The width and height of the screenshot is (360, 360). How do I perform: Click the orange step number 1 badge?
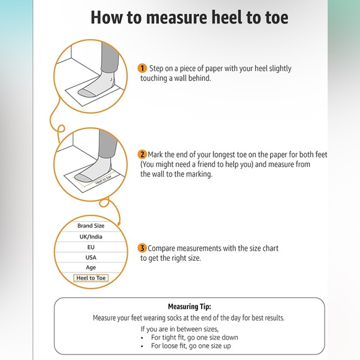click(142, 68)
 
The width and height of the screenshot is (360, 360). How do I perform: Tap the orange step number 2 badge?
click(142, 155)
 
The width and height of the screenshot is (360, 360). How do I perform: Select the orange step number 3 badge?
click(142, 248)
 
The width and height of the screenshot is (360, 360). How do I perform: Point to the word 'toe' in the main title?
click(277, 18)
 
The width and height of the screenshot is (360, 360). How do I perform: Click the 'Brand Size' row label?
click(91, 226)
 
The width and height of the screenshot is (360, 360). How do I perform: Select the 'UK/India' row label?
click(91, 236)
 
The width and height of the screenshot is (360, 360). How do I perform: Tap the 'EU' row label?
click(91, 247)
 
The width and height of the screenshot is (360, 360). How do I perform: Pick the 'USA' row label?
click(91, 258)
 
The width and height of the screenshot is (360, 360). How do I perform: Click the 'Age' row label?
click(91, 268)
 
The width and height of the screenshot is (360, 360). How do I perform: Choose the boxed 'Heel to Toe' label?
click(91, 278)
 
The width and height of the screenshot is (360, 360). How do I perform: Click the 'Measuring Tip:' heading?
click(189, 307)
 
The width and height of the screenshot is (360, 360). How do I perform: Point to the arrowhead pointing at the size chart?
click(119, 223)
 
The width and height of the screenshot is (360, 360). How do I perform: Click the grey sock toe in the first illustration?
click(86, 92)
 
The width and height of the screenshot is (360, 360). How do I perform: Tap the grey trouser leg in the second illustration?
click(107, 143)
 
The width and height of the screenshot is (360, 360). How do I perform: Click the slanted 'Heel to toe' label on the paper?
click(104, 179)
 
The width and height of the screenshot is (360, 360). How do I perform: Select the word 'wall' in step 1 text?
click(181, 78)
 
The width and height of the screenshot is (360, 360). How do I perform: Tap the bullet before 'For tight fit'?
click(142, 338)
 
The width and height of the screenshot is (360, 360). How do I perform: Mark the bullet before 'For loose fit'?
click(142, 346)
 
